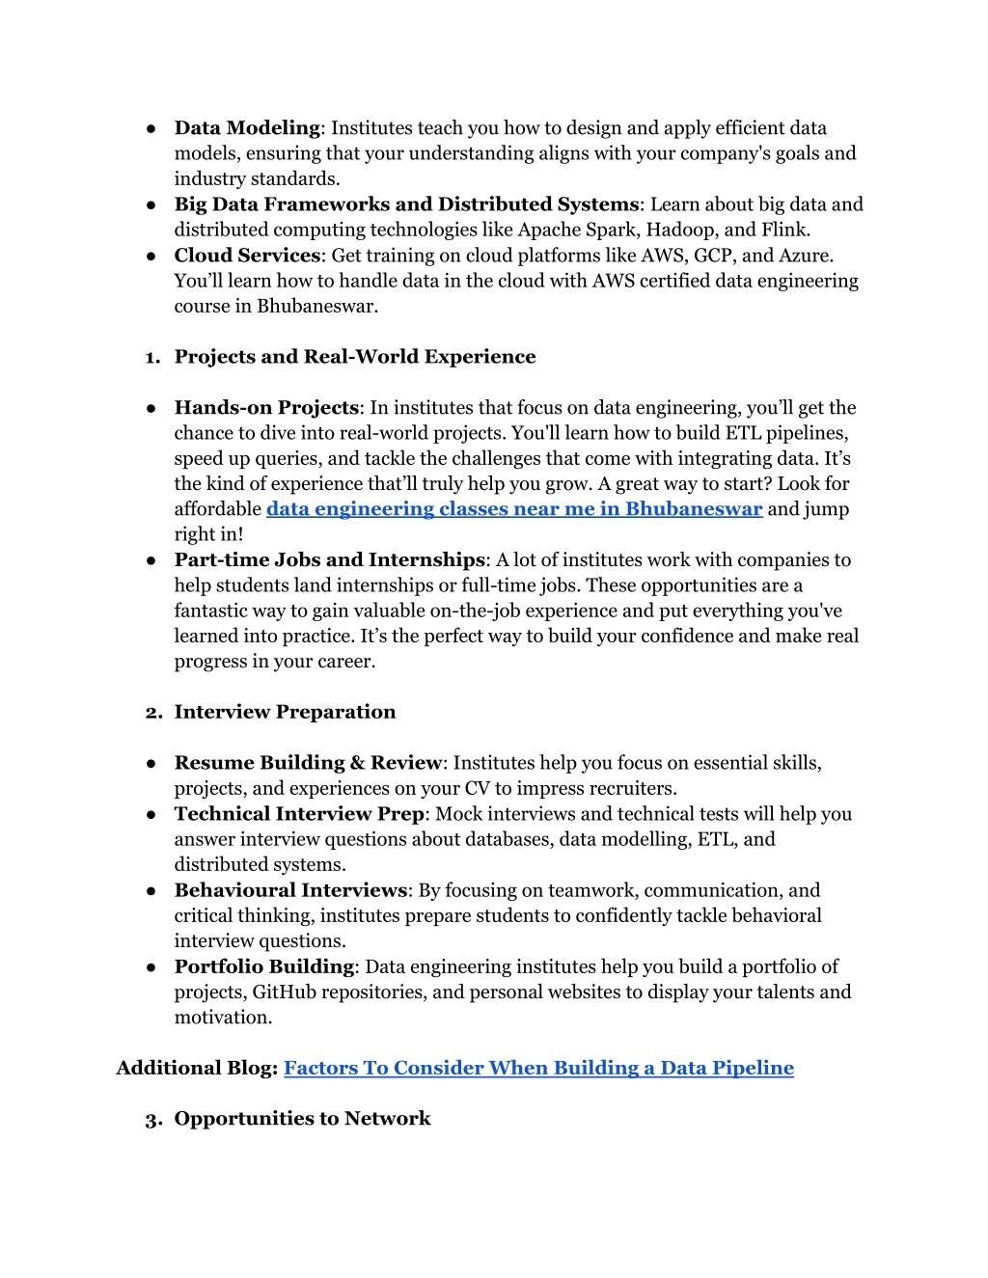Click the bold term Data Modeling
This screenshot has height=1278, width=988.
247,128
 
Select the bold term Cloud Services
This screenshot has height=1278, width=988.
247,256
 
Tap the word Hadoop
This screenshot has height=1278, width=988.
681,230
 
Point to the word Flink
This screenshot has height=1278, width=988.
785,230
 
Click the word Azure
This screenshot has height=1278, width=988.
807,256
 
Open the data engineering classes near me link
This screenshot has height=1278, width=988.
514,509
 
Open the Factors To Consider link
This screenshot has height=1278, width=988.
538,1068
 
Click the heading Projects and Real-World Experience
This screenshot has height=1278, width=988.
354,357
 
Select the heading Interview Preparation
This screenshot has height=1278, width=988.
285,712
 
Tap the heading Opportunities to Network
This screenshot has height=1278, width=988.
302,1119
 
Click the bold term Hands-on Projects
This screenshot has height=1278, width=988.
266,408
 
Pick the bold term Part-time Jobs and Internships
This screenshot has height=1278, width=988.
329,560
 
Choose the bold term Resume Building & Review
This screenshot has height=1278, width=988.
308,763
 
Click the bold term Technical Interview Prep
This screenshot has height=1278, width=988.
299,814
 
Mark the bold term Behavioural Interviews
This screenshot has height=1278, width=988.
290,890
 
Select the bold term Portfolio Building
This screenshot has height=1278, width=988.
264,966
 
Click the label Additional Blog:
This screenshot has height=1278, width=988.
197,1068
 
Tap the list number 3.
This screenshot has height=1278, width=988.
152,1120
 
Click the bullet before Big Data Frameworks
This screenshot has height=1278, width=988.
151,204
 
